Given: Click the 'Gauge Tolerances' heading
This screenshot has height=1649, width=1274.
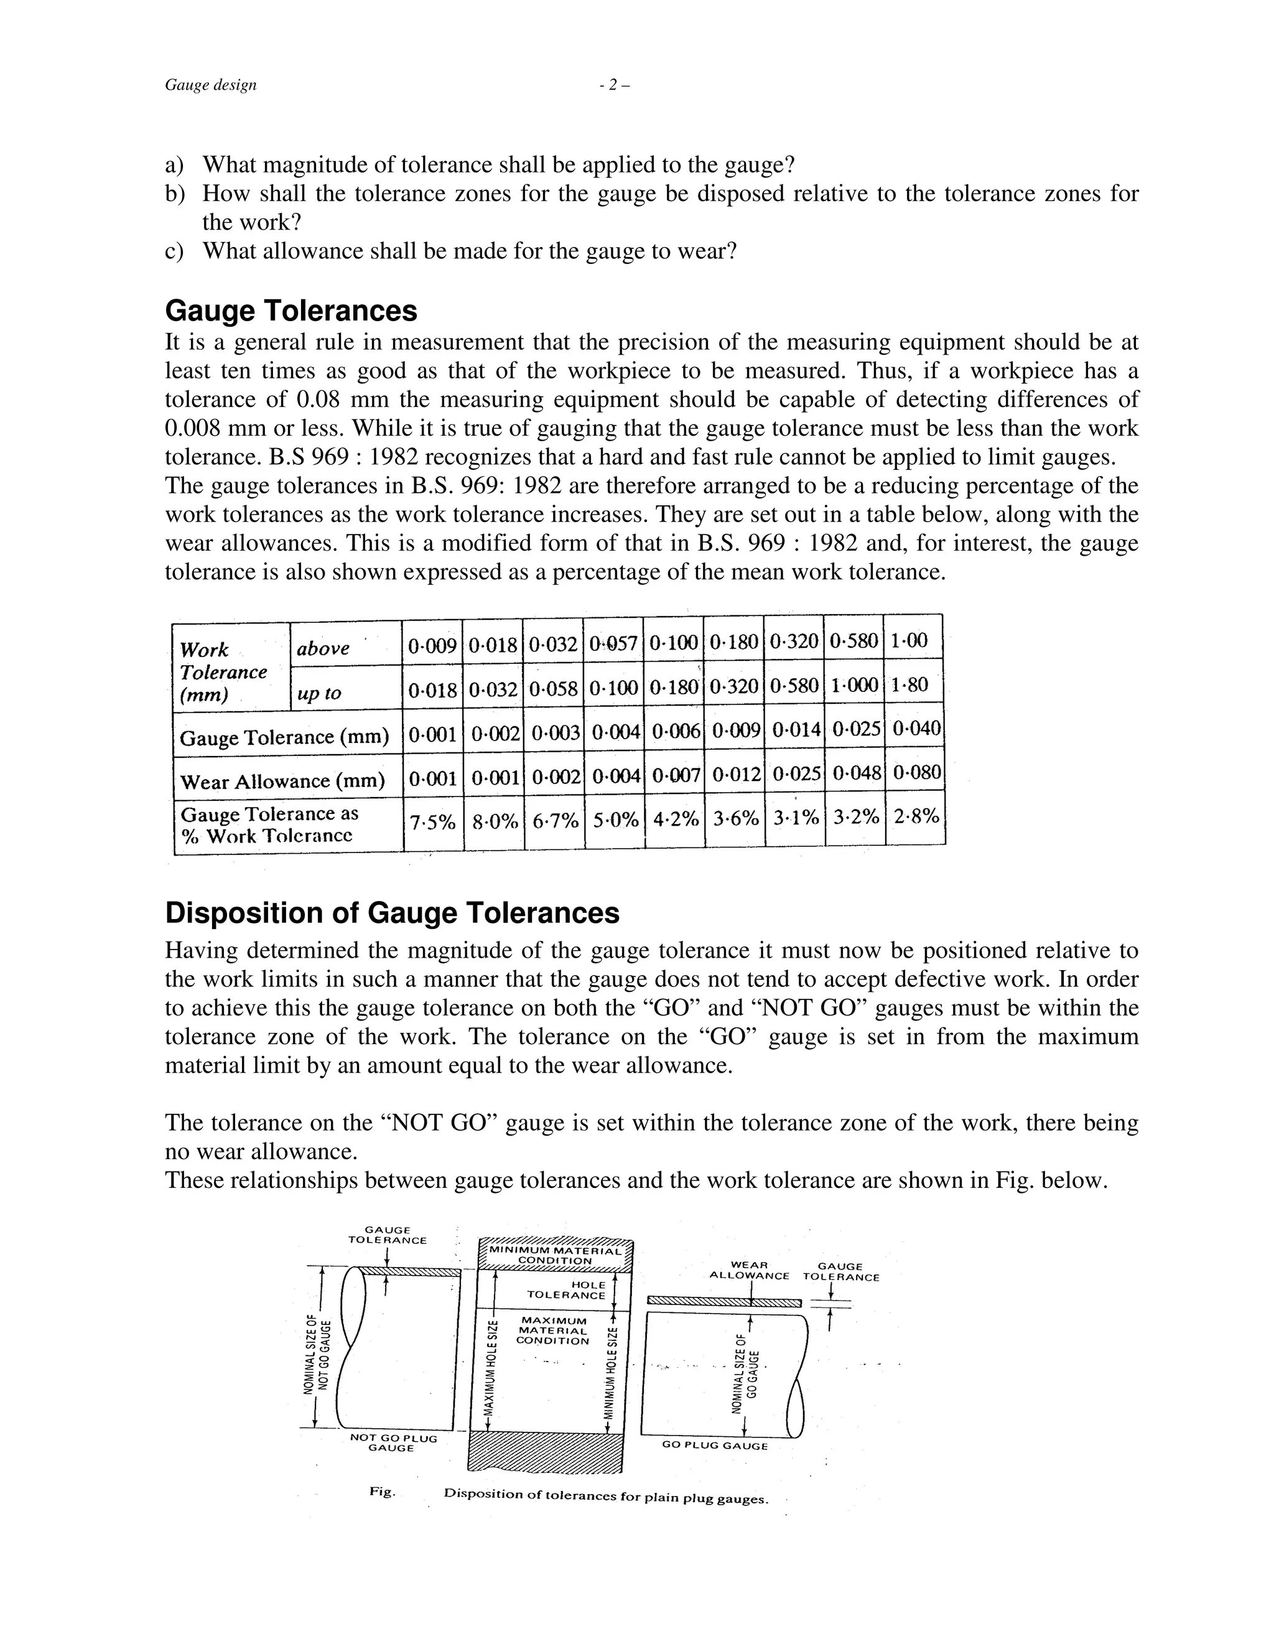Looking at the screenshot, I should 291,311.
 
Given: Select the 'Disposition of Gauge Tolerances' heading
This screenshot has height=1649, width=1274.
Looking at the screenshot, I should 392,913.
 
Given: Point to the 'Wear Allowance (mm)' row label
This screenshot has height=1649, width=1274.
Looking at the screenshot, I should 282,782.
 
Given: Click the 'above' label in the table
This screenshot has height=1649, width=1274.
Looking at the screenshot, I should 322,648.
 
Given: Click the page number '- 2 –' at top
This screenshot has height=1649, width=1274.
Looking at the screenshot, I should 613,85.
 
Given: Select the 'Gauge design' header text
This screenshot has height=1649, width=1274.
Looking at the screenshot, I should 211,85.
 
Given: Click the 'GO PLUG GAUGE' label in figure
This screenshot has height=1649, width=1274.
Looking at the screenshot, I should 714,1446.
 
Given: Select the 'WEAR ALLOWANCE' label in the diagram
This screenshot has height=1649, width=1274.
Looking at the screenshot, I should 749,1271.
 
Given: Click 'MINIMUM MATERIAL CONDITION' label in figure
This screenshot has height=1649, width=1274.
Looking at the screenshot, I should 555,1256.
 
